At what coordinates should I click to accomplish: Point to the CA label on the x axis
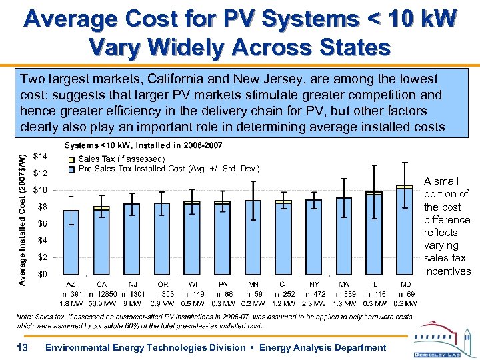(x=101, y=284)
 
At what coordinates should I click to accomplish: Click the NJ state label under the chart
(x=132, y=284)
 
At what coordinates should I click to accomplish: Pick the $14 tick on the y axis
(x=40, y=156)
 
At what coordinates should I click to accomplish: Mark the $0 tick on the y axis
(x=42, y=273)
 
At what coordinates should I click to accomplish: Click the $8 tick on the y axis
(x=42, y=206)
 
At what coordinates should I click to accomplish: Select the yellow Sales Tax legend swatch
(x=71, y=159)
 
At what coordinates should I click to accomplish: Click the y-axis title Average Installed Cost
(x=23, y=219)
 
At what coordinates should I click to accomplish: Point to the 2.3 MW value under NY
(x=314, y=303)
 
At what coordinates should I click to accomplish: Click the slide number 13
(x=22, y=347)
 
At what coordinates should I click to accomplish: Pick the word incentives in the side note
(x=447, y=271)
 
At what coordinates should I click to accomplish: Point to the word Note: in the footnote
(x=26, y=317)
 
